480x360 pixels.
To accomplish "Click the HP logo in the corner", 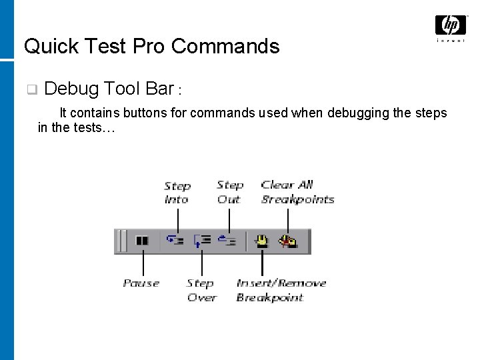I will click(x=450, y=26).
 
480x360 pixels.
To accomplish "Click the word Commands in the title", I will click(x=225, y=46).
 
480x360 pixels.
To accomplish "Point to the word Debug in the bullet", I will click(x=73, y=89).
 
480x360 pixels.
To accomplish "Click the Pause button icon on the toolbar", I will click(x=141, y=241).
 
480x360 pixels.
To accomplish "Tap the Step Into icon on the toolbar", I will click(x=175, y=241).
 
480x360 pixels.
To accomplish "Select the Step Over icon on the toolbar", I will click(x=202, y=241).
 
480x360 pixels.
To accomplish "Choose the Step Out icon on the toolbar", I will click(x=227, y=241).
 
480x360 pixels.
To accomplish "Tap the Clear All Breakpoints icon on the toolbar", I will click(x=288, y=241).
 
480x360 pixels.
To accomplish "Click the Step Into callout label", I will click(x=177, y=193).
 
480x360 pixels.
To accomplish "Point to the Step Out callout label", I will click(x=230, y=192).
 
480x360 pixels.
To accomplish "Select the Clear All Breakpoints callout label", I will click(x=297, y=192).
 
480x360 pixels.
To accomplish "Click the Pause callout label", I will click(x=141, y=283).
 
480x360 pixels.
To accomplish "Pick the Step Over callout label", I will click(x=201, y=291).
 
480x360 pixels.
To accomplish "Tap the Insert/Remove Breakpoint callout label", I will click(x=281, y=291).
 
